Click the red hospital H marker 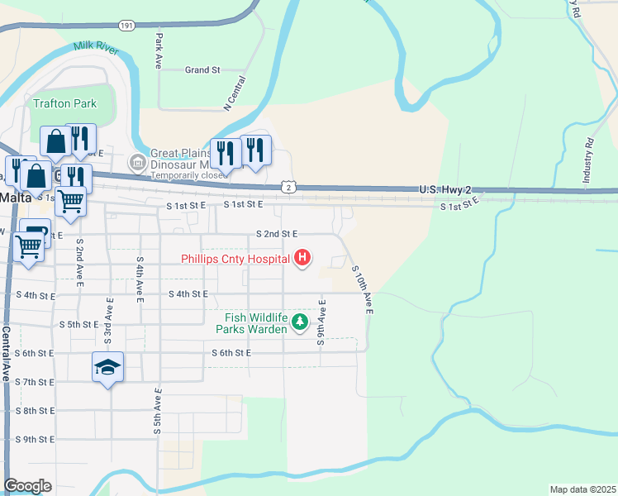[x=302, y=259]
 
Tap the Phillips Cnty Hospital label [x=235, y=259]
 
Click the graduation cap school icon [x=107, y=366]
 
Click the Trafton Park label [x=65, y=103]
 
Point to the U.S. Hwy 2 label [x=444, y=190]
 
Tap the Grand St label [x=202, y=70]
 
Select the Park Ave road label [x=158, y=50]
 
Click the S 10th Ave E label [x=362, y=290]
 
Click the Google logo [x=27, y=486]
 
